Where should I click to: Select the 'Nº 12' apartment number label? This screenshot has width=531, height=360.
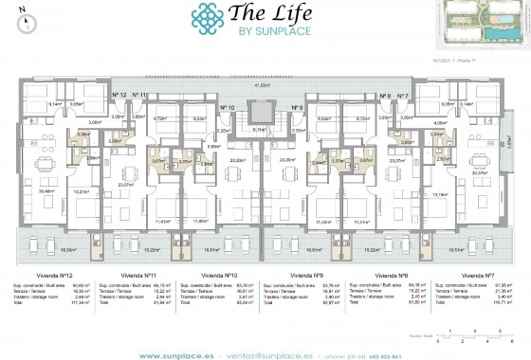[x=119, y=96]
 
